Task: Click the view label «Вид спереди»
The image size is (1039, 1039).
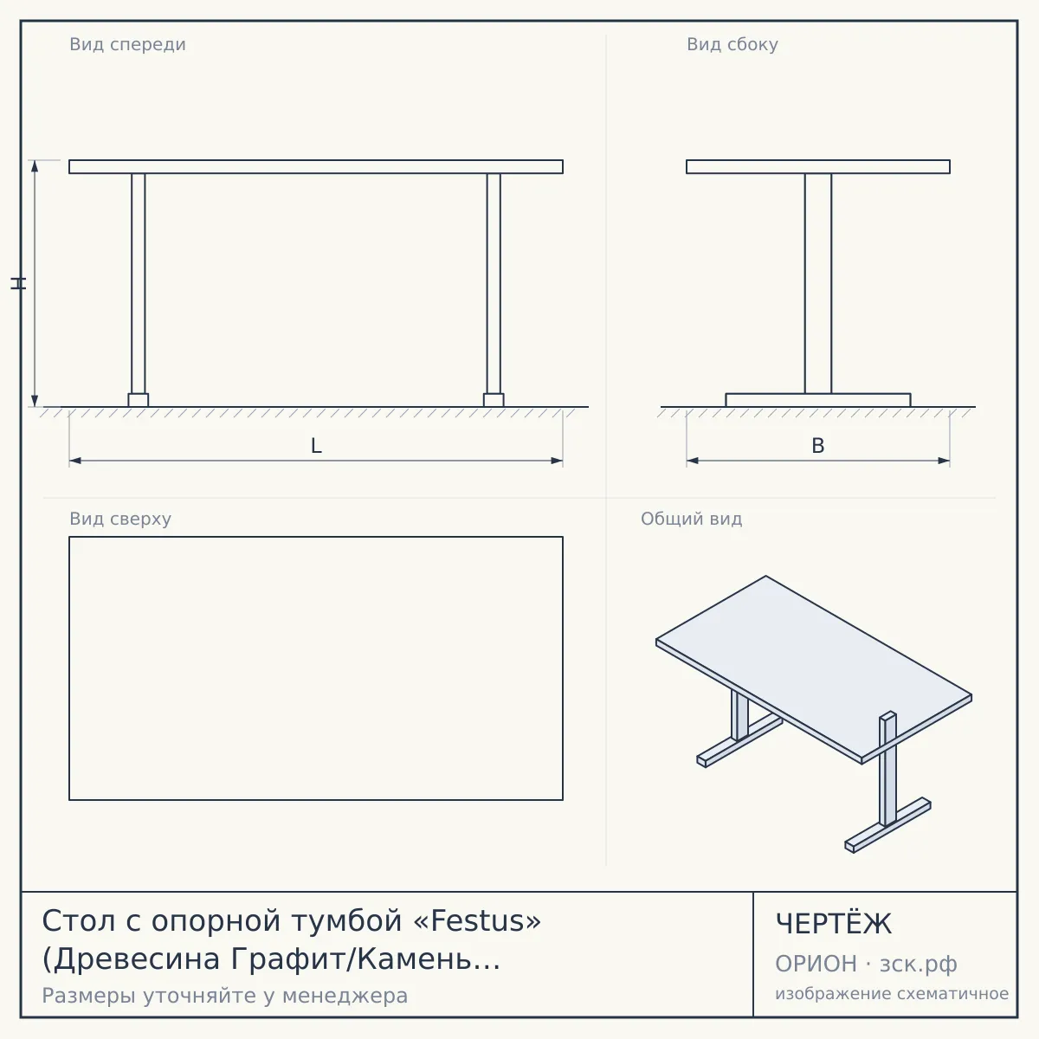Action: [128, 44]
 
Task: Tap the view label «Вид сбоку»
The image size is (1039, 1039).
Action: [732, 44]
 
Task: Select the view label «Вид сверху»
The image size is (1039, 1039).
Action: [120, 519]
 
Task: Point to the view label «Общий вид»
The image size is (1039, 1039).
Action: [691, 519]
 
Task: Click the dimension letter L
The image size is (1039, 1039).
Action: [316, 446]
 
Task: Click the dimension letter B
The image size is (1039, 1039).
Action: [818, 446]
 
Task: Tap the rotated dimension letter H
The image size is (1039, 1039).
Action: [18, 284]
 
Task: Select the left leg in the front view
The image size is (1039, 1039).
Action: [138, 284]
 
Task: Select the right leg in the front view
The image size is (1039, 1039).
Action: [494, 284]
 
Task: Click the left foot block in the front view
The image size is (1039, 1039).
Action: [138, 400]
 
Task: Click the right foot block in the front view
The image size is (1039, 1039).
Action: [494, 400]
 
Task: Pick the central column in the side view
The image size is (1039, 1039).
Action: [818, 284]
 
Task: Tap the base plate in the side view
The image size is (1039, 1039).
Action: [818, 400]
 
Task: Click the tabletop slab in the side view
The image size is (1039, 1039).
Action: [818, 166]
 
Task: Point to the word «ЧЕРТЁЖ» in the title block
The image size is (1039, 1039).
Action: [834, 924]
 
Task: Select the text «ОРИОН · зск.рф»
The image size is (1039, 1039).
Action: [866, 964]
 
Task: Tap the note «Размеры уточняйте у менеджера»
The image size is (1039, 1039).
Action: [225, 996]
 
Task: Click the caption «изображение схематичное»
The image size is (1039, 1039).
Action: [892, 994]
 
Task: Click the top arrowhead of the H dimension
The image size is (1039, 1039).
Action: [35, 165]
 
